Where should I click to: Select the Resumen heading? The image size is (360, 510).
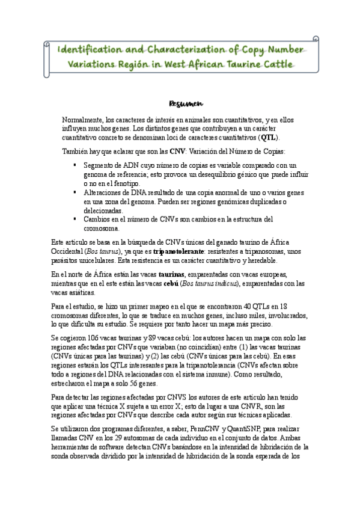[x=180, y=103]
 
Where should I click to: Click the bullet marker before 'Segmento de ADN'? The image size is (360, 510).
[x=74, y=164]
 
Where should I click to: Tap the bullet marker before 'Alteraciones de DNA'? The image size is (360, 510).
[x=74, y=192]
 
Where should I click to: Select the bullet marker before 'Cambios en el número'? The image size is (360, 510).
[x=74, y=220]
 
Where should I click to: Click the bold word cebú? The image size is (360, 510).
[x=164, y=284]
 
